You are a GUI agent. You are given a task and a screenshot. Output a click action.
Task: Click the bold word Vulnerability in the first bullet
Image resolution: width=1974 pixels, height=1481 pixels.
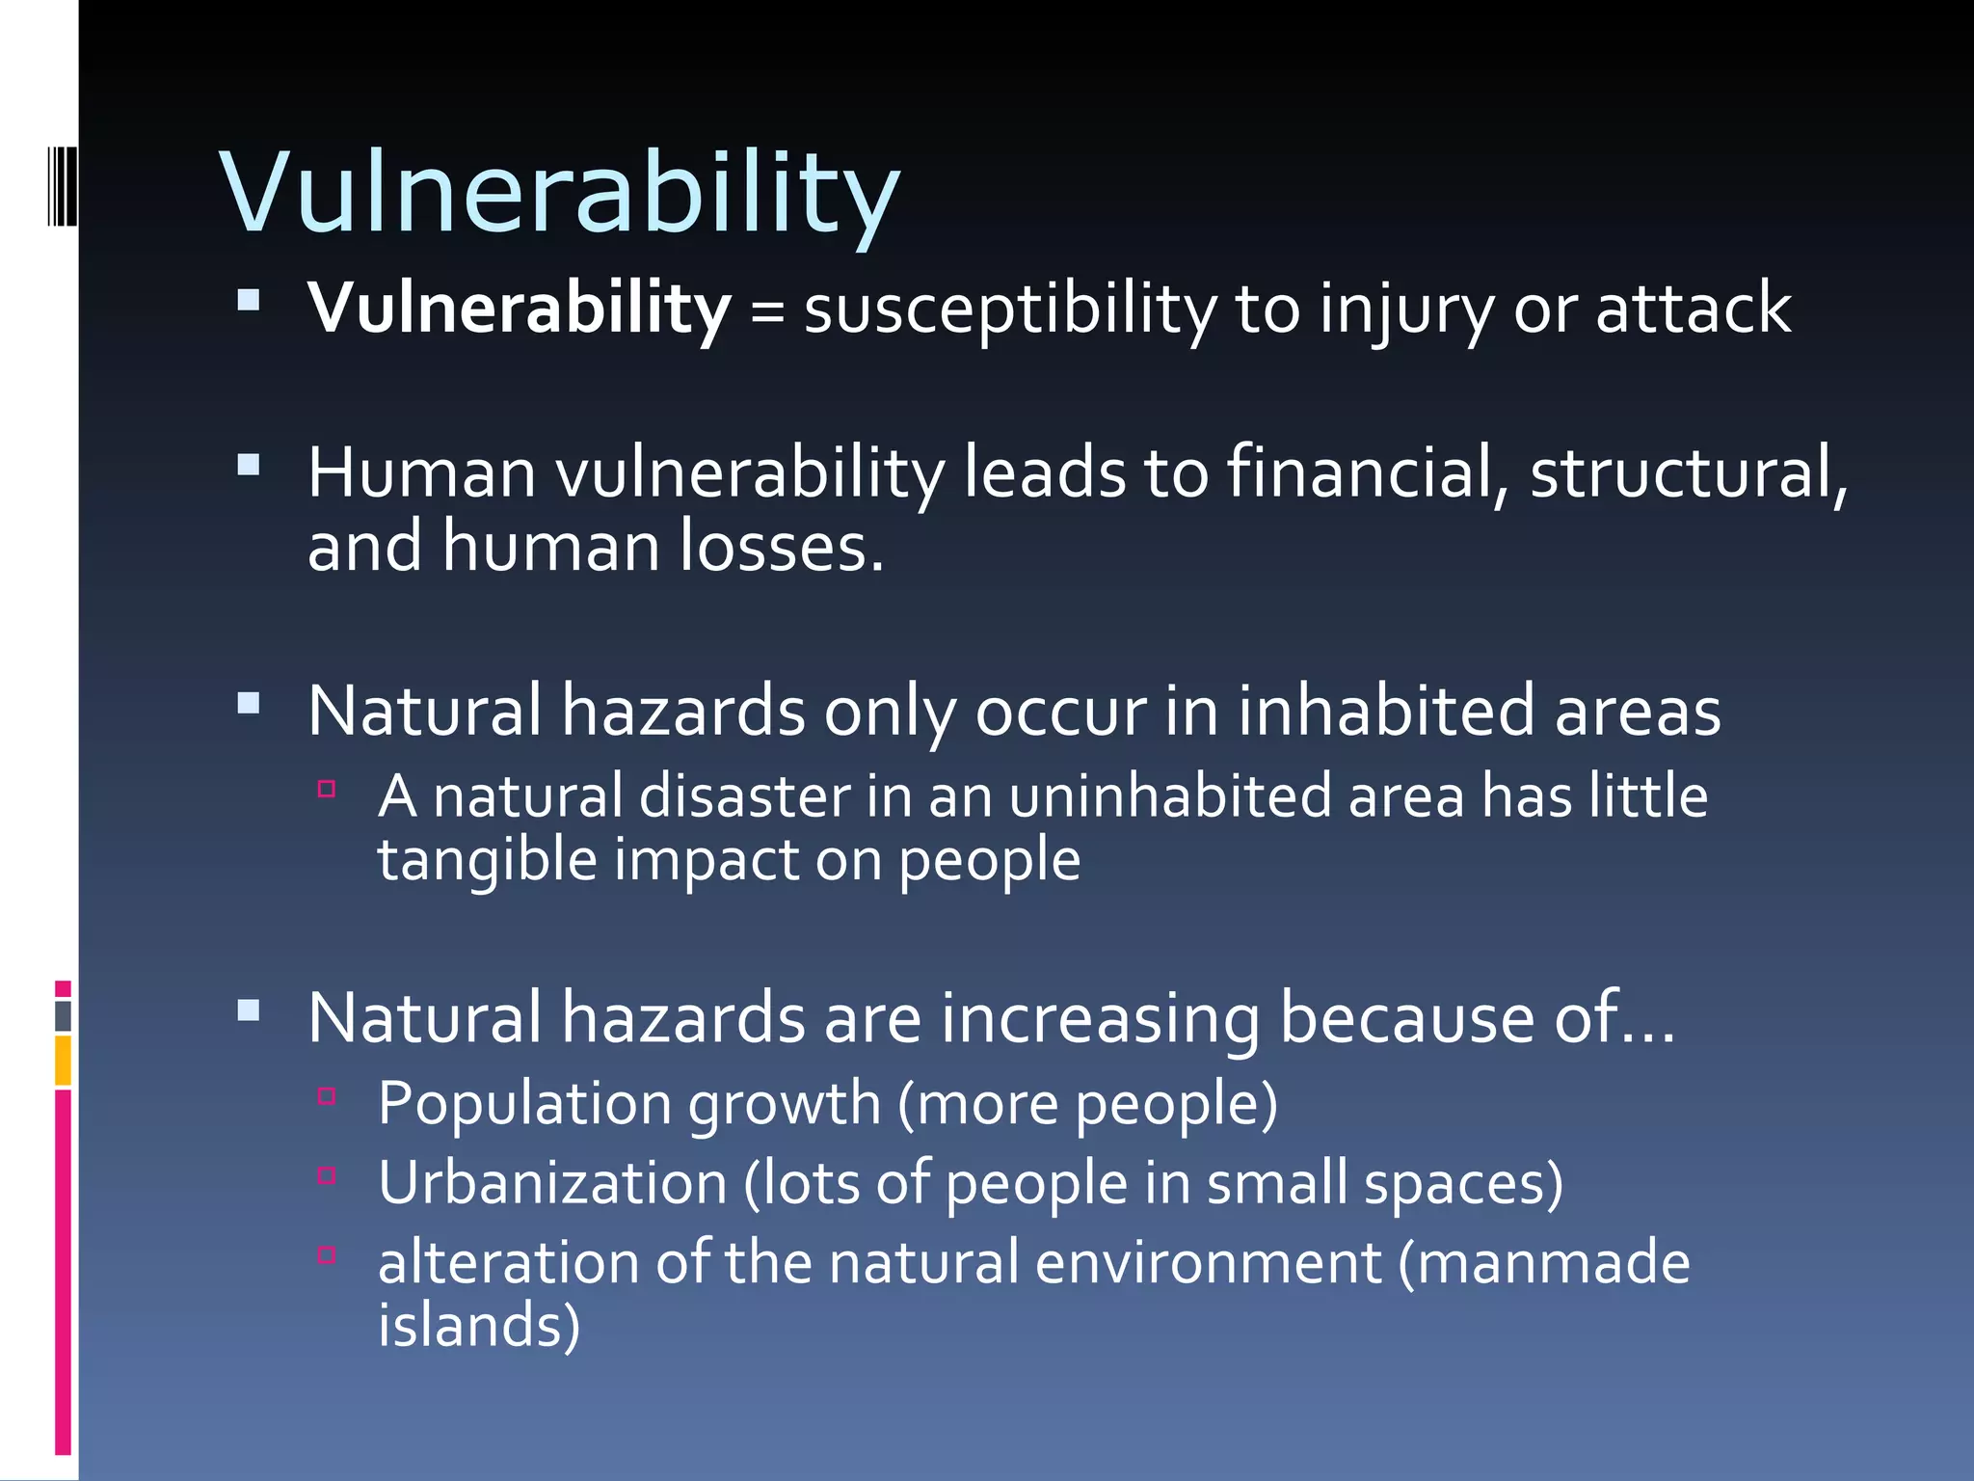coord(519,309)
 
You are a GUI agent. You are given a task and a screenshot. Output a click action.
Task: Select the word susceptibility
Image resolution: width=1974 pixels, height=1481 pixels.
coord(1010,310)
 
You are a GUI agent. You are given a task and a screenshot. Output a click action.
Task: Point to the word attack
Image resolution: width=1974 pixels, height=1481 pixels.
coord(1693,309)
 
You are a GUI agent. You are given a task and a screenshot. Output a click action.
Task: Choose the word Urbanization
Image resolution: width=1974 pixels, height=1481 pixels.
coord(552,1183)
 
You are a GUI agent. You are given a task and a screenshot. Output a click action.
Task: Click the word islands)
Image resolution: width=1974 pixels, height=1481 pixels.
coord(479,1325)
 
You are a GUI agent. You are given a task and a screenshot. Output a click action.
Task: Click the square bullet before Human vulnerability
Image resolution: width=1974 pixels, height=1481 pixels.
coord(249,467)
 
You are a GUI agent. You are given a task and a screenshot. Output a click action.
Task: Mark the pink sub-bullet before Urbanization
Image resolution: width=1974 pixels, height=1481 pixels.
coord(327,1175)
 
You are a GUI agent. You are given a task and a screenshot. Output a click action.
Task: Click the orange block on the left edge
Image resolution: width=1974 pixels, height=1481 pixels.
coord(63,1061)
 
